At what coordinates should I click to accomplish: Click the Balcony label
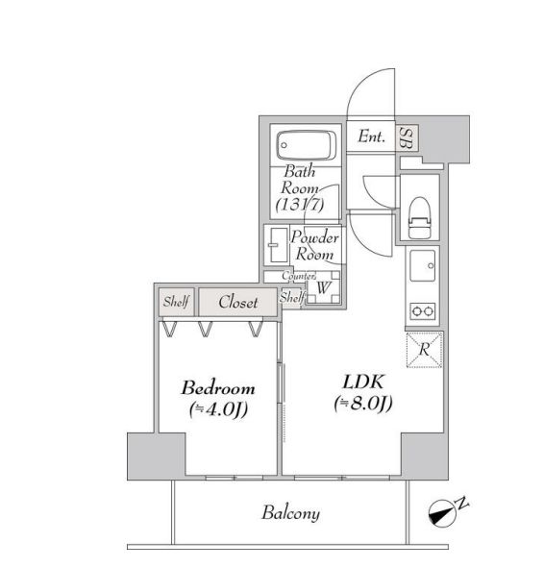pyautogui.click(x=290, y=513)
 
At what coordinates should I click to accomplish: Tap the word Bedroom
pyautogui.click(x=218, y=388)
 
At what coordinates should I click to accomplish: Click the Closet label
pyautogui.click(x=237, y=302)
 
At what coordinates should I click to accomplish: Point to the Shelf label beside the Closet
pyautogui.click(x=176, y=302)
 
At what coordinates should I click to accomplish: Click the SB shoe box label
pyautogui.click(x=408, y=137)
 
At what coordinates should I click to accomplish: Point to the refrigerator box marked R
pyautogui.click(x=422, y=349)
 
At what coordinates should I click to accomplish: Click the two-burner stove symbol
pyautogui.click(x=422, y=310)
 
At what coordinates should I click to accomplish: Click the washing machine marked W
pyautogui.click(x=324, y=285)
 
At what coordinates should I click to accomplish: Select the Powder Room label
pyautogui.click(x=313, y=246)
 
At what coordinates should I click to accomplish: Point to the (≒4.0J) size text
pyautogui.click(x=218, y=411)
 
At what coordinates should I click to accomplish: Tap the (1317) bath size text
pyautogui.click(x=299, y=204)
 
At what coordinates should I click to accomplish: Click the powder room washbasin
pyautogui.click(x=276, y=244)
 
